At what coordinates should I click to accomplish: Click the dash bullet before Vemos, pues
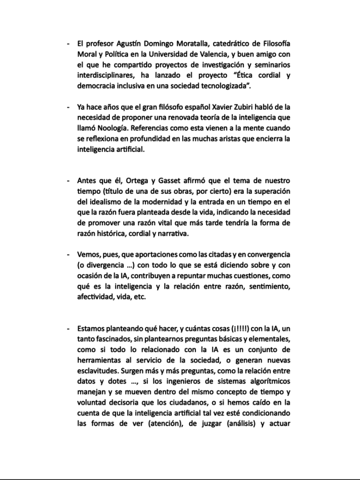coord(68,254)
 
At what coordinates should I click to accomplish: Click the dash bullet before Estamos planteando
coord(68,328)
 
